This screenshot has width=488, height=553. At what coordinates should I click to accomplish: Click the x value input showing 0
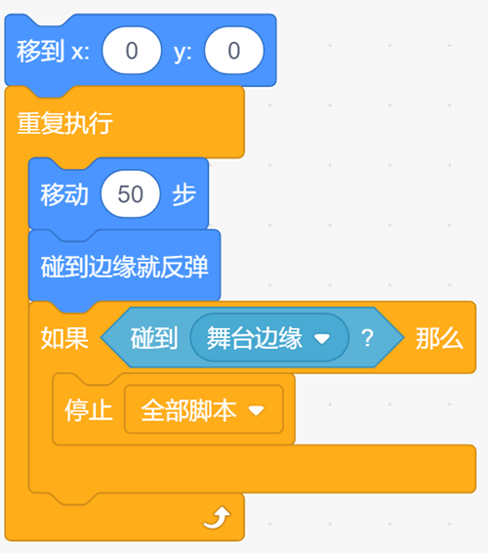[132, 51]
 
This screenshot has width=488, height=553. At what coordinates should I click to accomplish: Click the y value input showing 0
[234, 51]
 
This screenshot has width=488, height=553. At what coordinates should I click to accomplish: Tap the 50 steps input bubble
[131, 194]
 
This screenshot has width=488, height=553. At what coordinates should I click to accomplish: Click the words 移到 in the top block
[41, 51]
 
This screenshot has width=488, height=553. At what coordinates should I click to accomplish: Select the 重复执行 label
[64, 123]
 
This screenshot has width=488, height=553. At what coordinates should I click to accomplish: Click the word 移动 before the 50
[64, 194]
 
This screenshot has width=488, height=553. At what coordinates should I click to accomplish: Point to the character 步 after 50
[183, 194]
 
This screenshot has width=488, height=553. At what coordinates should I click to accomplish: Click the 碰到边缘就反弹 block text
[124, 267]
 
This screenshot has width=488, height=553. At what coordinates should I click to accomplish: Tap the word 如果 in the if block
[64, 338]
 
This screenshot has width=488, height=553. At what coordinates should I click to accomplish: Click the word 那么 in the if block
[439, 338]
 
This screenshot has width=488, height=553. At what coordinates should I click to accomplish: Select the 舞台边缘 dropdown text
[255, 338]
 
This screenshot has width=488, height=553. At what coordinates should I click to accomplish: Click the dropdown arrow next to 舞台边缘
[322, 339]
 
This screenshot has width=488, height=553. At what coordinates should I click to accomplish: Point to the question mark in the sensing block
[367, 338]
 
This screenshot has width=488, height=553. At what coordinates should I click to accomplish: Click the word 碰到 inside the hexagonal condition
[154, 338]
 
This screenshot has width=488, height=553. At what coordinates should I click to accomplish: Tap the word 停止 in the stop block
[89, 409]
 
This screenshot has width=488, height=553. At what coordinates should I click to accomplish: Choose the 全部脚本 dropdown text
[188, 409]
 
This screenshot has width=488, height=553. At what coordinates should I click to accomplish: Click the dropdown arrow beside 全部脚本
[256, 410]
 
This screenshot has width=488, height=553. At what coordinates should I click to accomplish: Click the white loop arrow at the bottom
[217, 518]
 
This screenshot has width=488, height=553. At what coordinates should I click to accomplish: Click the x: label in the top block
[80, 52]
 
